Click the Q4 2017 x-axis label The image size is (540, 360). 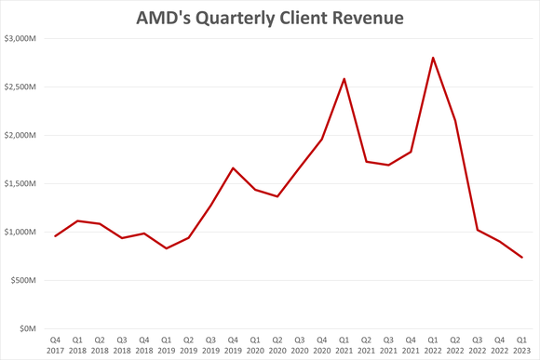click(x=56, y=345)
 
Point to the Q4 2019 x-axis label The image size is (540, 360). click(x=233, y=345)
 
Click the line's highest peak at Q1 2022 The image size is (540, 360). click(x=432, y=58)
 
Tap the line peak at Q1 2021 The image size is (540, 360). click(x=344, y=79)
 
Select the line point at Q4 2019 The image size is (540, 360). click(x=233, y=168)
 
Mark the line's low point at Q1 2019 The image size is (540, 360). click(x=167, y=248)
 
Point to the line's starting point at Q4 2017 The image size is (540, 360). click(x=56, y=236)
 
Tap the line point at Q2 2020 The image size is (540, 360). click(x=277, y=196)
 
